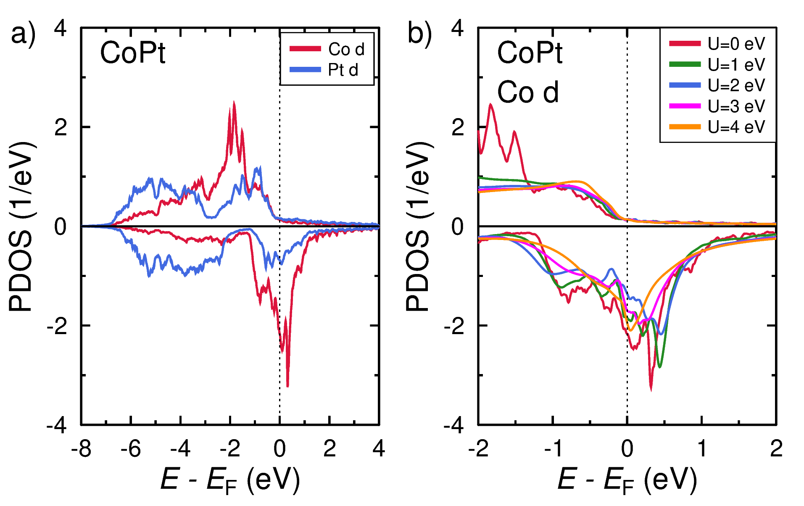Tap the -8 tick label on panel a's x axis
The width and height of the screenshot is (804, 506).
point(81,449)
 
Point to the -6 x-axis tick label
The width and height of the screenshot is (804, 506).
point(130,449)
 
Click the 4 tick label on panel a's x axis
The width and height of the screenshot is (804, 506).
point(379,449)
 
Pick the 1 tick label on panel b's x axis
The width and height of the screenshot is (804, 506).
point(702,449)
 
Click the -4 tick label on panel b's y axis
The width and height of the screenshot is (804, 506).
point(454,425)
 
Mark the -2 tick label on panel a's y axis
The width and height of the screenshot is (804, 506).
point(57,326)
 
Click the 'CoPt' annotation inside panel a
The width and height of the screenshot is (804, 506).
point(132,53)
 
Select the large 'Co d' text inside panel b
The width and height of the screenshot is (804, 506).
point(528,92)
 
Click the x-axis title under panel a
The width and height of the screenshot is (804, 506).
point(230,480)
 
